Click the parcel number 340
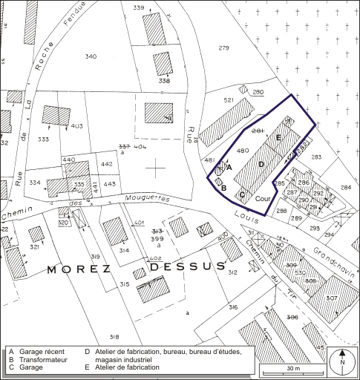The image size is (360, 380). (91, 56)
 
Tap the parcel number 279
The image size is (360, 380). (223, 48)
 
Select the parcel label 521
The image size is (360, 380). (229, 99)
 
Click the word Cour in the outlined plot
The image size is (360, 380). (262, 198)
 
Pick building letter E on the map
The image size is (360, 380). (278, 139)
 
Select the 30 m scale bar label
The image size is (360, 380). (293, 368)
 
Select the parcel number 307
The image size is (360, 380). (331, 298)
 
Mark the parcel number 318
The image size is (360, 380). (114, 338)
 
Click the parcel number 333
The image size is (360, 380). (44, 139)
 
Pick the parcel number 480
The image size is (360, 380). (241, 151)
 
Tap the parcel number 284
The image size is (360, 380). (346, 187)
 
